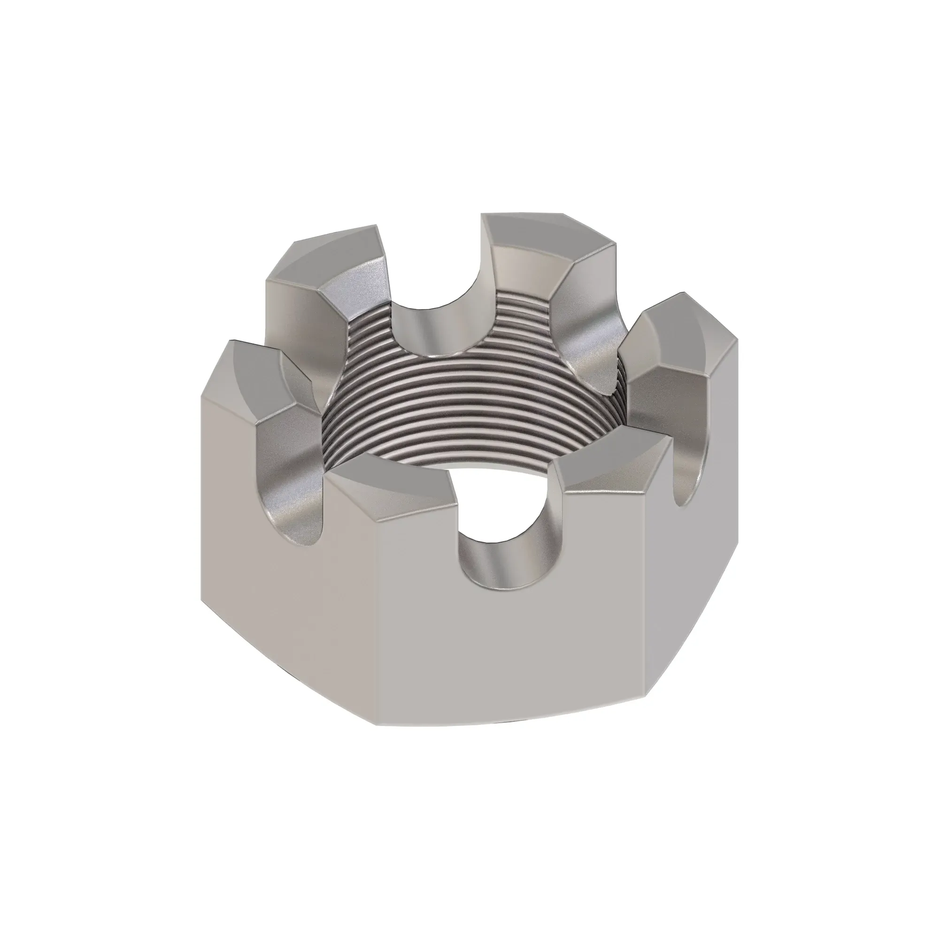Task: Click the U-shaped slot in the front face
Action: [x=506, y=554]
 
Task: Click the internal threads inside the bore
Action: [x=467, y=418]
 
